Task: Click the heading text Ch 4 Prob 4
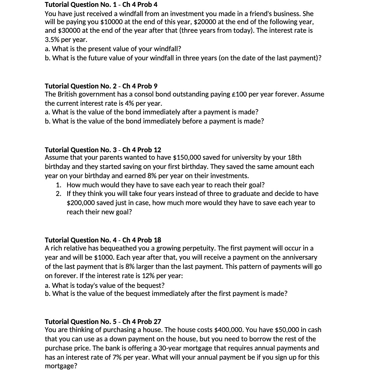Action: point(140,5)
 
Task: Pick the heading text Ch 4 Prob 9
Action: point(140,86)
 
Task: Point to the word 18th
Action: point(294,157)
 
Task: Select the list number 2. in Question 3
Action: point(58,194)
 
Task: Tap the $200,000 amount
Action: point(81,203)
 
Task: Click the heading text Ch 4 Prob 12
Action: point(142,150)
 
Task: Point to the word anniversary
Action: point(299,257)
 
